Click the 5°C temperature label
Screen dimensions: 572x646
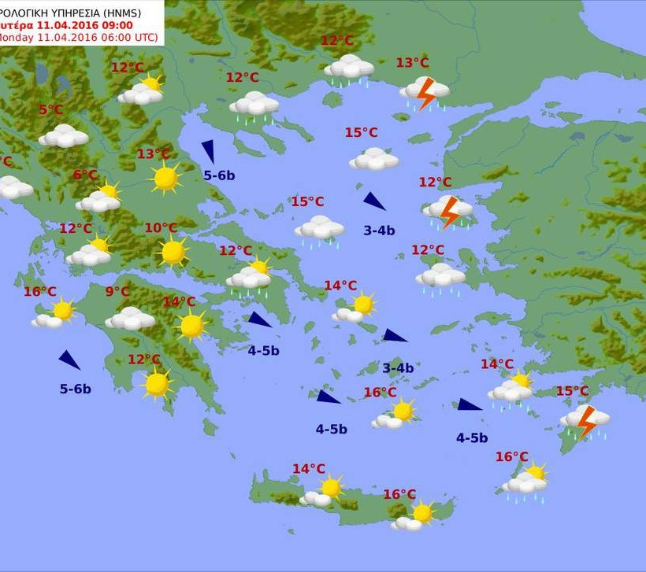pos(50,110)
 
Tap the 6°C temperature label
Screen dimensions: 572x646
pos(85,175)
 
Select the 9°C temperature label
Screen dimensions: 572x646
pos(117,292)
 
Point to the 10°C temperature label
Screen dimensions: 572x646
pos(161,228)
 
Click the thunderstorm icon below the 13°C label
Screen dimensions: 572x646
pos(425,92)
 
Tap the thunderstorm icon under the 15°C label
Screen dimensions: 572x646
pos(585,421)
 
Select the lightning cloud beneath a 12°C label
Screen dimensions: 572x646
pos(448,211)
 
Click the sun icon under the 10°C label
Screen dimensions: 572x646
pos(173,252)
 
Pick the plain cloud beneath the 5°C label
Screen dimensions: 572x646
pos(64,136)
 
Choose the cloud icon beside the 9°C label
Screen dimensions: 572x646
pos(130,318)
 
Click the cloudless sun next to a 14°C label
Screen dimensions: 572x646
pos(191,325)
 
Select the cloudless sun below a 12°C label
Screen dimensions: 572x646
pos(157,384)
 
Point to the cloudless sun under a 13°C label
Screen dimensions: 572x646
pos(165,178)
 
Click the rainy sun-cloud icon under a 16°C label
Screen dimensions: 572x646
pos(526,481)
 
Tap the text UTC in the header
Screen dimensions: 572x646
pos(145,38)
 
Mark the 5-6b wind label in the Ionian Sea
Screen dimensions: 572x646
pos(76,389)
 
